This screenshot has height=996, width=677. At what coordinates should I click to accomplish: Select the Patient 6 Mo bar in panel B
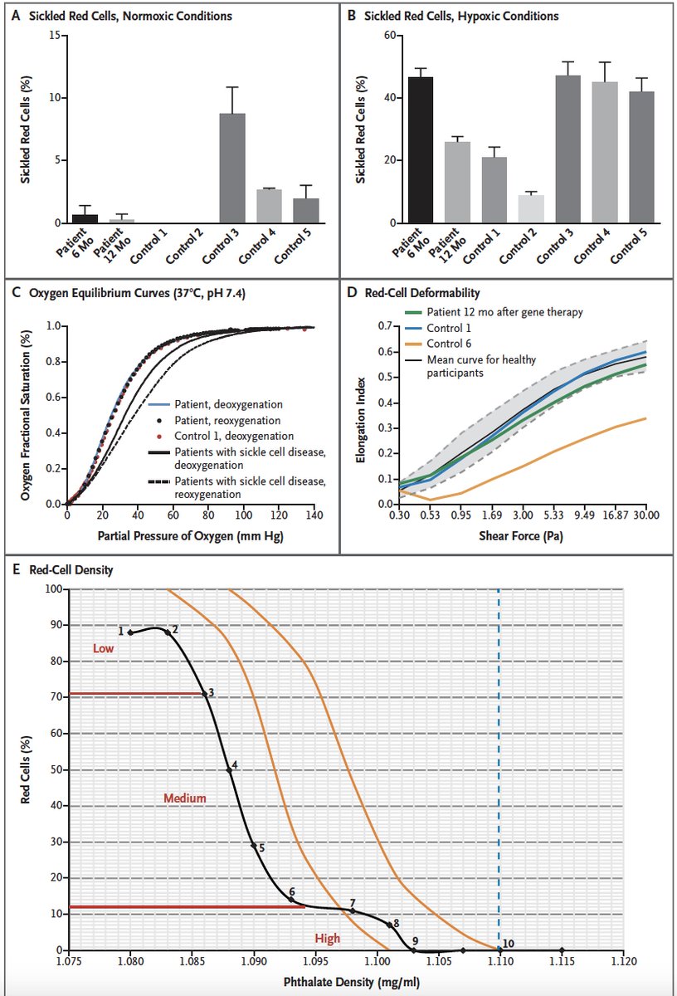point(421,149)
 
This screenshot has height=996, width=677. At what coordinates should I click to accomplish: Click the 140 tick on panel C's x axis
point(314,515)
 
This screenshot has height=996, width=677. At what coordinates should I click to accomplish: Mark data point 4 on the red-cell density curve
point(230,770)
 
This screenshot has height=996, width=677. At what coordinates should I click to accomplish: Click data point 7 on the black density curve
point(353,911)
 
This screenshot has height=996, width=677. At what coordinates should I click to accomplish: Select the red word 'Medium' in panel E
point(184,798)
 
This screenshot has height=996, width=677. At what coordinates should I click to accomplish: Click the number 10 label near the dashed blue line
point(509,944)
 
